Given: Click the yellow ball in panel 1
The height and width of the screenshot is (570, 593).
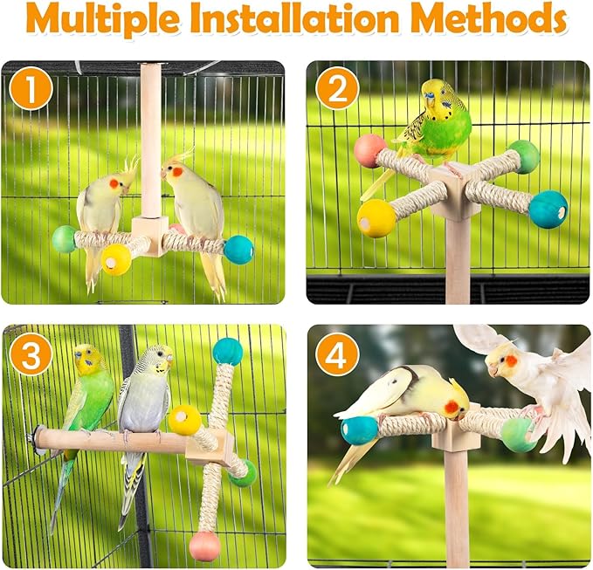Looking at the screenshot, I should click(116, 259).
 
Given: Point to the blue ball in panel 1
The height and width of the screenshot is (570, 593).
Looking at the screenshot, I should click(238, 250).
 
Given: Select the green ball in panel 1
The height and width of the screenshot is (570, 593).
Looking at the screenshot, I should click(65, 239).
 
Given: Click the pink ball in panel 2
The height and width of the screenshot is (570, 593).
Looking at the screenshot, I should click(369, 151).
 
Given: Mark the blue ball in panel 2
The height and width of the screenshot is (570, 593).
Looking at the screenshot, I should click(548, 209).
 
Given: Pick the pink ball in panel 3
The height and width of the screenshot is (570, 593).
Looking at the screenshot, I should click(205, 546).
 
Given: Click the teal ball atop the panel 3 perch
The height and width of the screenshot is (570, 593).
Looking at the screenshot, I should click(228, 351).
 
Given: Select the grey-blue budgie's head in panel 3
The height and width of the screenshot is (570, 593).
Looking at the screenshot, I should click(157, 359).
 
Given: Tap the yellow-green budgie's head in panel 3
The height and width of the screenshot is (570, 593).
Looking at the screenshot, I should click(87, 357).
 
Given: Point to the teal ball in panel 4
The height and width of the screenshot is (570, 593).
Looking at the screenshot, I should click(359, 429).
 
